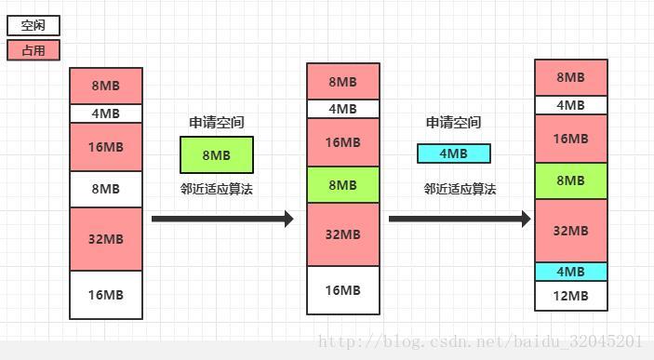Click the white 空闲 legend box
click(33, 26)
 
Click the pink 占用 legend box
click(33, 50)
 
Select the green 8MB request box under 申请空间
click(217, 154)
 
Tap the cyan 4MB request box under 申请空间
click(453, 153)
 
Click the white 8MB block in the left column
click(106, 189)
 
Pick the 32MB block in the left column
click(106, 238)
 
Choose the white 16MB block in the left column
click(106, 295)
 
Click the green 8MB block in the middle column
click(343, 185)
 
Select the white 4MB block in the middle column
click(343, 109)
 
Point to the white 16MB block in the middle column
click(343, 290)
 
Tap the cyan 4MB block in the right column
click(571, 272)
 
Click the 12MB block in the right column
click(571, 296)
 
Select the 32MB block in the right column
click(571, 231)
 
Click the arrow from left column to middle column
click(222, 219)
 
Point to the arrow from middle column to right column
click(460, 219)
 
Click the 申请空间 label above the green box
click(217, 123)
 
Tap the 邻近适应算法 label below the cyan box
click(460, 189)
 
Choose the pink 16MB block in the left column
click(106, 147)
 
